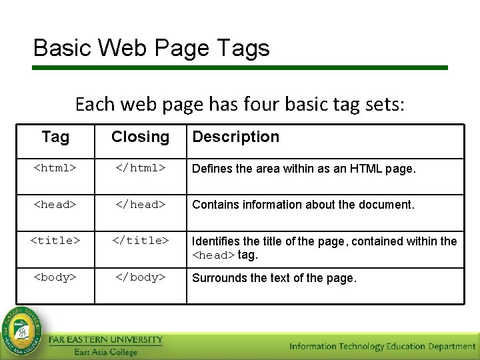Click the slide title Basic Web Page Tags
click(x=151, y=48)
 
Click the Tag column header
click(x=55, y=137)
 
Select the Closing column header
click(x=140, y=137)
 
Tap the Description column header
click(x=235, y=137)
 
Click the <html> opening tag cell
click(x=55, y=169)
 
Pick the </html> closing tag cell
click(x=140, y=169)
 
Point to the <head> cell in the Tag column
click(x=55, y=205)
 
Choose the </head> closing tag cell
click(x=140, y=205)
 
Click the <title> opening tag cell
click(x=55, y=241)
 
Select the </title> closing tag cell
click(x=140, y=241)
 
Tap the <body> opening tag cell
click(x=55, y=277)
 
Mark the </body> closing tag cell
click(x=140, y=277)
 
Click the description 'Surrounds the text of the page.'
click(x=274, y=278)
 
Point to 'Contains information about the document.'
click(x=303, y=205)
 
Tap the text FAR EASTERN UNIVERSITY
click(x=105, y=340)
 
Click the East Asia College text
click(x=105, y=352)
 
